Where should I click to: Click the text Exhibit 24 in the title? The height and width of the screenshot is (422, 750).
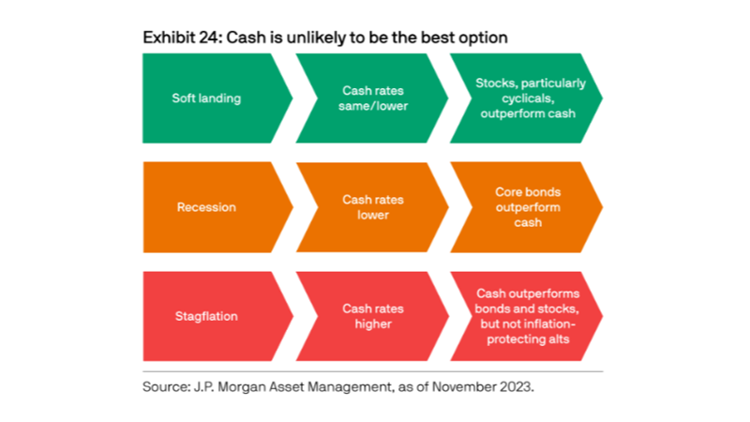(x=182, y=38)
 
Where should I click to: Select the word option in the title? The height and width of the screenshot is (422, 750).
(x=483, y=38)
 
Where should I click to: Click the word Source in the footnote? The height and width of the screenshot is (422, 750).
(x=167, y=386)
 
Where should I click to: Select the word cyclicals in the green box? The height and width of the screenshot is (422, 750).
(x=528, y=98)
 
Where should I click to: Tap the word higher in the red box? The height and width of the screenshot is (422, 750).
(x=373, y=324)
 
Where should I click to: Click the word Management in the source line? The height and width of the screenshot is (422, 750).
(x=349, y=387)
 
